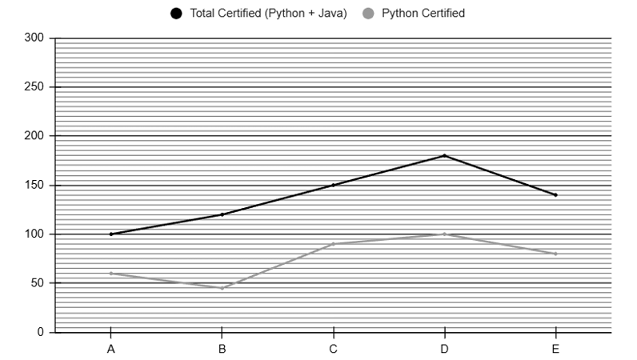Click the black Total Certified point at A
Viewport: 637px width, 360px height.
point(111,234)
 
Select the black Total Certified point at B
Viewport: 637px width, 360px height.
point(222,214)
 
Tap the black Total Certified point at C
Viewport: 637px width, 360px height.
point(333,186)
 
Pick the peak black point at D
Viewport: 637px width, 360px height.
point(444,156)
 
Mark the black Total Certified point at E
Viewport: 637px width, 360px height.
point(555,195)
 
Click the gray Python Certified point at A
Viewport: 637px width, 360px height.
point(111,274)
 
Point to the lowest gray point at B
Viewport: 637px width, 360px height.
point(222,288)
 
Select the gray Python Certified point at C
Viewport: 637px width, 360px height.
point(333,244)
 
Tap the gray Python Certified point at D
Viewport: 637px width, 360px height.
point(444,234)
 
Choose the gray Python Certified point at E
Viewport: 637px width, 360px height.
point(555,254)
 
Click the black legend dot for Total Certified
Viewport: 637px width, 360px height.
point(176,14)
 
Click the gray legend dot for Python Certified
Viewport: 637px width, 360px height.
point(368,14)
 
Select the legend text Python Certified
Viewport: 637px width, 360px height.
point(423,14)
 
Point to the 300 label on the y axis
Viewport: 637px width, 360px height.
point(34,38)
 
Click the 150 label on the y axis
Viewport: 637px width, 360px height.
point(34,186)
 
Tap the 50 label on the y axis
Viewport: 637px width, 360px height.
point(38,283)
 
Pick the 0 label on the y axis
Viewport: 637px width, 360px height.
point(41,332)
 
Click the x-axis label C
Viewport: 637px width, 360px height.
point(333,349)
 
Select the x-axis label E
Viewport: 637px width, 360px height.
point(555,349)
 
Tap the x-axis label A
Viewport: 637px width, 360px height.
point(111,349)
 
